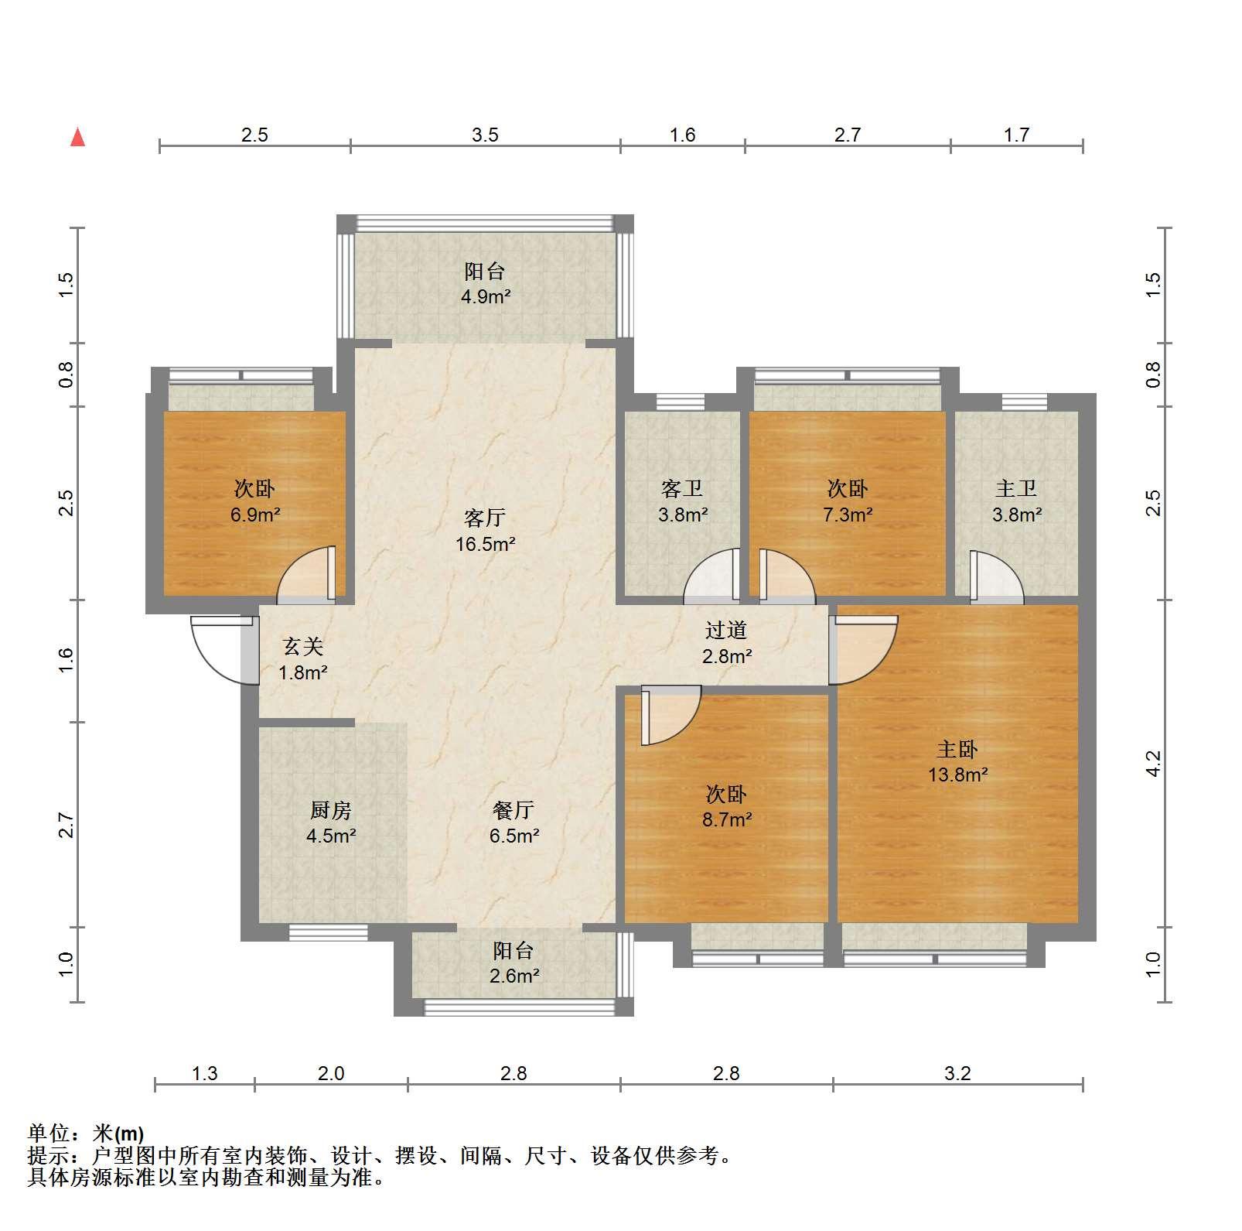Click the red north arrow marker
77,138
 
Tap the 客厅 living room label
485,517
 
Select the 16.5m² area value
485,544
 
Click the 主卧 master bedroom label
957,749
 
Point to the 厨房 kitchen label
331,810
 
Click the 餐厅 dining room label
514,810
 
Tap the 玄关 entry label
302,646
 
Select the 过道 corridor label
726,631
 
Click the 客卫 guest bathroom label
682,489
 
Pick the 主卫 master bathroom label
1016,489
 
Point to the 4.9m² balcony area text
485,296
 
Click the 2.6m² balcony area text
514,976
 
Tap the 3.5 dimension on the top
485,135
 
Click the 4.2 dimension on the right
1153,763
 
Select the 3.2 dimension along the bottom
957,1073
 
